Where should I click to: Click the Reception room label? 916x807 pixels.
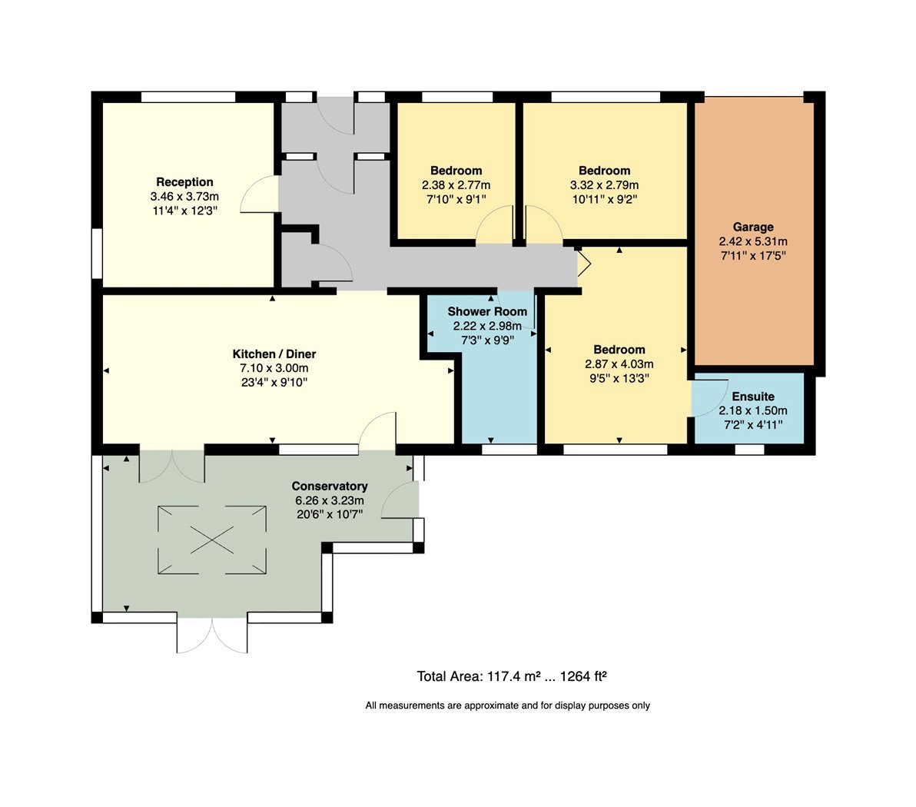(x=184, y=181)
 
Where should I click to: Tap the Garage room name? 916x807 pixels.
(x=753, y=227)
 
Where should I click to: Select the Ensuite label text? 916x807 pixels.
(x=753, y=396)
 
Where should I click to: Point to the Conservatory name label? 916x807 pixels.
(x=330, y=486)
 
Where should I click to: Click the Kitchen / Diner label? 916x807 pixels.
(x=274, y=354)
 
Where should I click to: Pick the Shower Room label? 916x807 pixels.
(x=487, y=311)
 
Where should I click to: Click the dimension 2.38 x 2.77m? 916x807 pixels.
(x=456, y=184)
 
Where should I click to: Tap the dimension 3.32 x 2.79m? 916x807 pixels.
(x=605, y=184)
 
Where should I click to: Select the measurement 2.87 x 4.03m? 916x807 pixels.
(x=619, y=364)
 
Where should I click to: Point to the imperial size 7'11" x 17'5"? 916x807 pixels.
(x=753, y=255)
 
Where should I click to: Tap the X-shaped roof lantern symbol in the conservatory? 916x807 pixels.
(x=212, y=540)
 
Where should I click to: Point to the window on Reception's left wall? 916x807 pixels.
(x=97, y=254)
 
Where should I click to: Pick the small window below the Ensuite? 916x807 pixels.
(x=749, y=450)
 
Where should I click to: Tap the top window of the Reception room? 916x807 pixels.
(x=188, y=97)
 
